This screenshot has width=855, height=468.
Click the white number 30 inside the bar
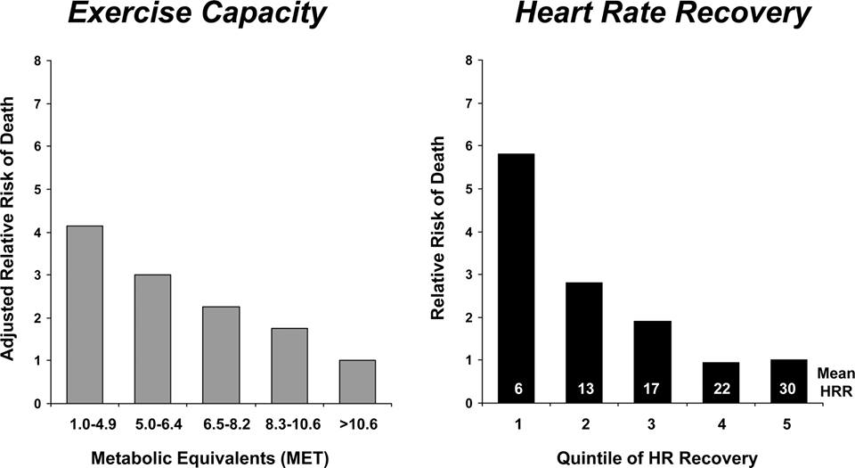coord(788,389)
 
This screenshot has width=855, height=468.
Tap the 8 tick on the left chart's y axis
coord(37,61)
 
